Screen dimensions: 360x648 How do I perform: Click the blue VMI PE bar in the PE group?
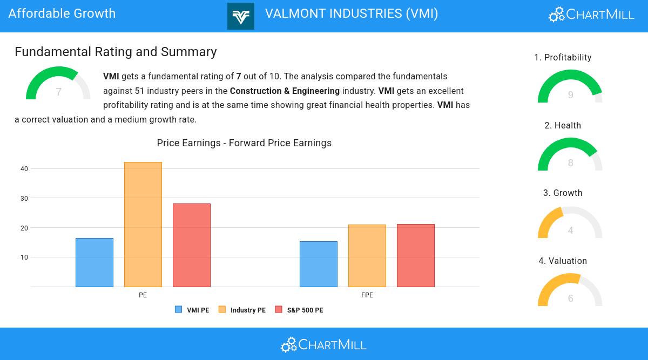click(94, 262)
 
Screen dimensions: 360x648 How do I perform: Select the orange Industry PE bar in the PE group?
click(143, 225)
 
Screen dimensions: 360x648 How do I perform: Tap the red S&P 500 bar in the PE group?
click(192, 245)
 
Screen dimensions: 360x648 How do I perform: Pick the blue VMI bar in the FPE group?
click(319, 264)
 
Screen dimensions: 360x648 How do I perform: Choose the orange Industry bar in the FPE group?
click(367, 256)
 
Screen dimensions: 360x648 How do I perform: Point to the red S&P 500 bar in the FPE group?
click(416, 255)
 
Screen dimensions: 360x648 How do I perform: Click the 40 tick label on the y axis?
click(24, 169)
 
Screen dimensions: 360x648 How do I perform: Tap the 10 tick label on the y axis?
click(24, 257)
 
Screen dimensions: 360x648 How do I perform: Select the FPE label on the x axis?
click(367, 295)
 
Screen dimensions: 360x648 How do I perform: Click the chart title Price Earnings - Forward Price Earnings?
click(244, 143)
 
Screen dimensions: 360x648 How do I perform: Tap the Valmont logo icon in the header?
click(241, 16)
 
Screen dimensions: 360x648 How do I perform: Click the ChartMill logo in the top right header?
click(591, 15)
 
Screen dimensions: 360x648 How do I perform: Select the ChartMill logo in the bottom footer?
click(323, 344)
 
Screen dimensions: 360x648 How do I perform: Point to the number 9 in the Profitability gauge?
click(570, 95)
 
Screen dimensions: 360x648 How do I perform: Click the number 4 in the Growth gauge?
click(570, 230)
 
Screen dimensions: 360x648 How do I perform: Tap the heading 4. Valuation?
click(563, 261)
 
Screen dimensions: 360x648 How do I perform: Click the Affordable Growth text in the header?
click(62, 13)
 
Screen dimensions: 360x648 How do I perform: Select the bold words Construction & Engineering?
click(285, 91)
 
